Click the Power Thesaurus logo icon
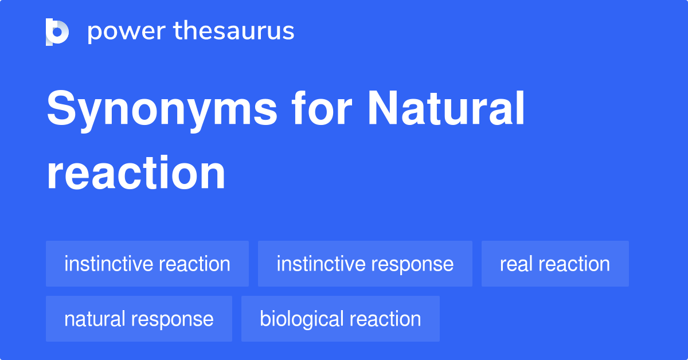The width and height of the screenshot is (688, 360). pyautogui.click(x=57, y=32)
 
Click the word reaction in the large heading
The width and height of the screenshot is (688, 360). pyautogui.click(x=136, y=173)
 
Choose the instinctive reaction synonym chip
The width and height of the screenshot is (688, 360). pyautogui.click(x=147, y=264)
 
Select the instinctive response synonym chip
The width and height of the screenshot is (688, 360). pyautogui.click(x=365, y=264)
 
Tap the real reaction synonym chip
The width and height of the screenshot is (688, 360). pyautogui.click(x=555, y=264)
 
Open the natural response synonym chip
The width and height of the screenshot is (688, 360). pyautogui.click(x=139, y=319)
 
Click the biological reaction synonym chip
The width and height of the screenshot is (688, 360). pyautogui.click(x=340, y=319)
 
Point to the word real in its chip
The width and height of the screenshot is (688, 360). pyautogui.click(x=511, y=264)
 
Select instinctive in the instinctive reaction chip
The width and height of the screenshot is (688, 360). pyautogui.click(x=108, y=264)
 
